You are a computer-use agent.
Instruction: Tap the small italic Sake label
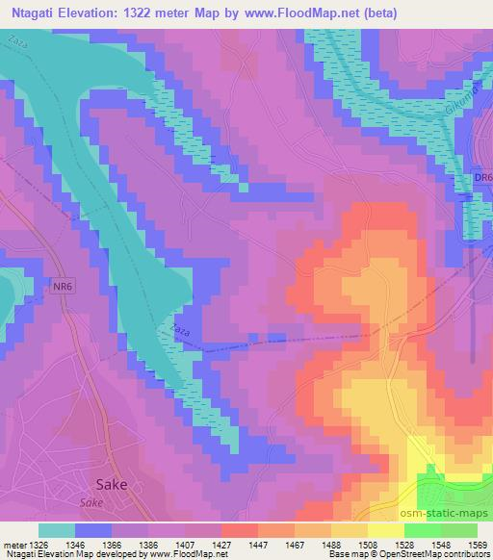pyautogui.click(x=91, y=502)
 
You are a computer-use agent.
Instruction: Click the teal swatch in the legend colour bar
pyautogui.click(x=56, y=529)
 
